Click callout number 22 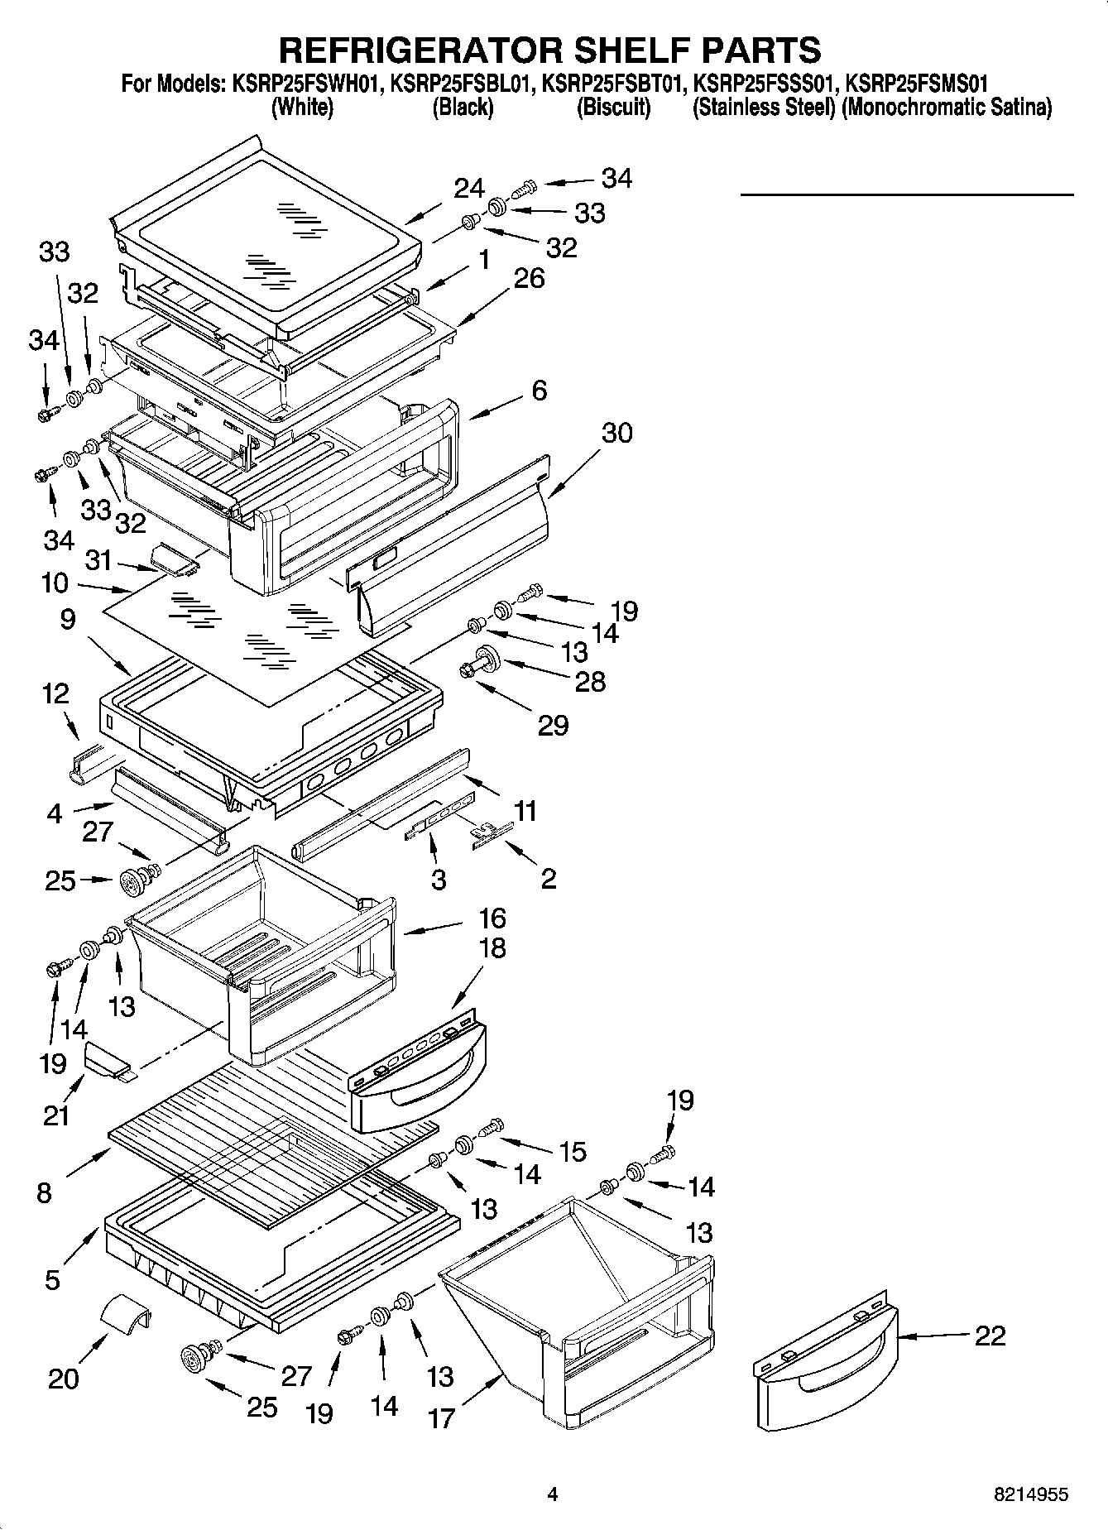pyautogui.click(x=990, y=1335)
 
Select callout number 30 pyautogui.click(x=616, y=433)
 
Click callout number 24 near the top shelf pyautogui.click(x=469, y=189)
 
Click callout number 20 pyautogui.click(x=64, y=1379)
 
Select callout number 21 pyautogui.click(x=56, y=1115)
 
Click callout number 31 pyautogui.click(x=98, y=560)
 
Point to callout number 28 pyautogui.click(x=591, y=682)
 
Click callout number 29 pyautogui.click(x=554, y=726)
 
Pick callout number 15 pyautogui.click(x=573, y=1151)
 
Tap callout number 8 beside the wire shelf pyautogui.click(x=44, y=1192)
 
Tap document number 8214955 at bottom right pyautogui.click(x=1030, y=1494)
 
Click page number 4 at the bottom pyautogui.click(x=553, y=1494)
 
